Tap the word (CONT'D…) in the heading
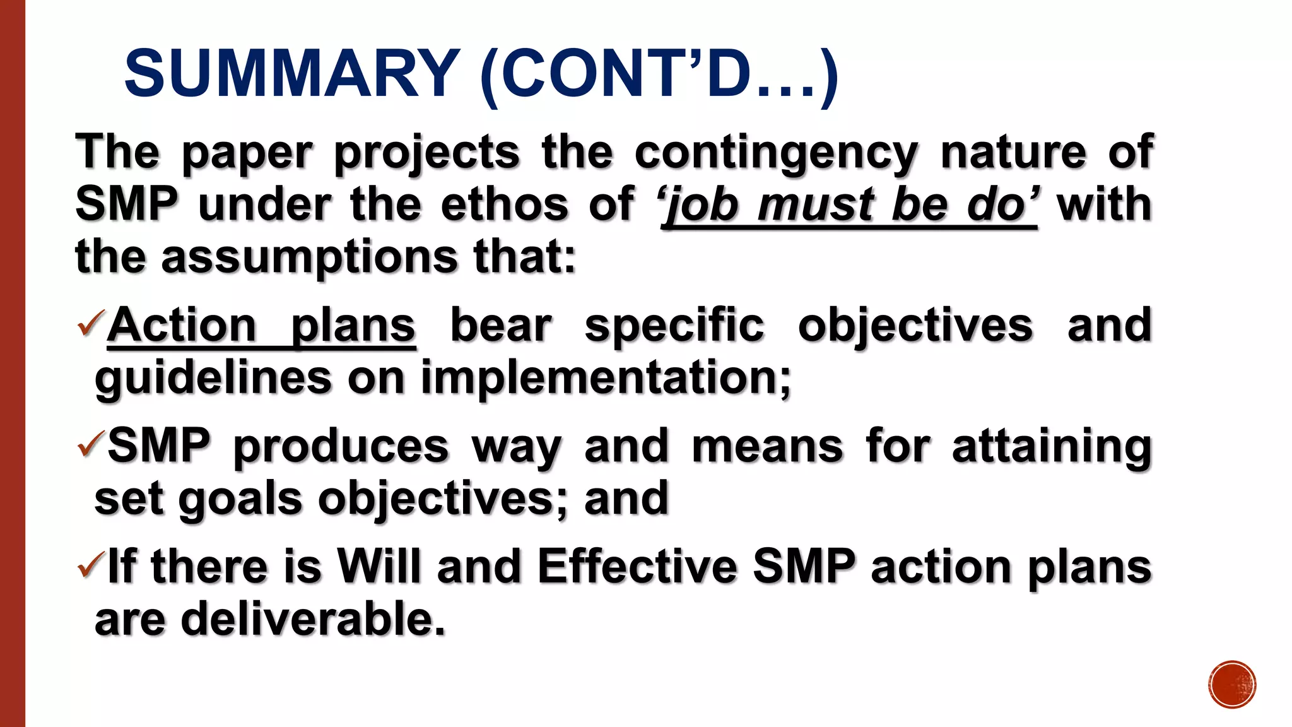point(660,74)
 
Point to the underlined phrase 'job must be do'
point(849,206)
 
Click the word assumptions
point(309,257)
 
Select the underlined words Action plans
point(261,326)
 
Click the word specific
point(674,326)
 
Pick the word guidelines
point(213,378)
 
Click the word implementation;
point(606,378)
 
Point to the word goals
point(240,499)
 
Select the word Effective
point(637,566)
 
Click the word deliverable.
point(313,619)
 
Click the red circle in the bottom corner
point(1232,685)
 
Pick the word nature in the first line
point(1013,153)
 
